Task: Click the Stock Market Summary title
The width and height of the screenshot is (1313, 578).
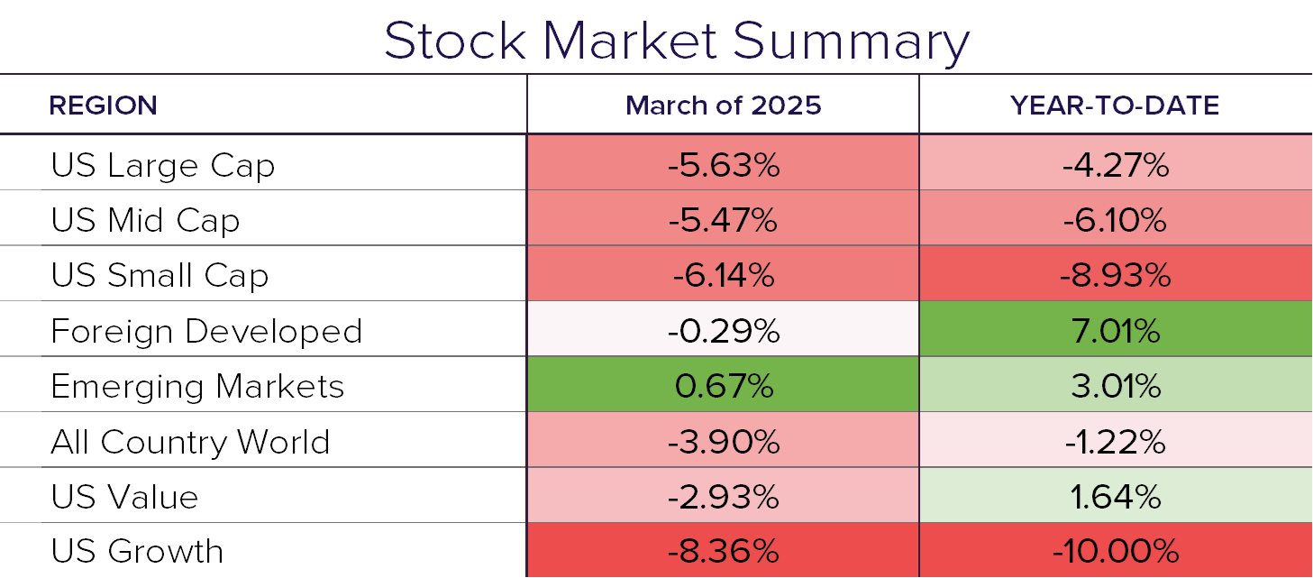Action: click(x=677, y=41)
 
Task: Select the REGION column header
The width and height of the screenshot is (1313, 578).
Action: click(x=103, y=106)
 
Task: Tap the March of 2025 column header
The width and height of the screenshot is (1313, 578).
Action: click(x=723, y=106)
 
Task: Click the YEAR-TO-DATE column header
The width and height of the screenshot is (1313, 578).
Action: click(x=1115, y=106)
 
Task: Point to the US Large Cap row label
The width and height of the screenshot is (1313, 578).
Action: click(x=162, y=166)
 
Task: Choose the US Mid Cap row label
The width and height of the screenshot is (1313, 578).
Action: click(x=145, y=221)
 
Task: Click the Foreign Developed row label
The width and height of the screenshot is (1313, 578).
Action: click(x=206, y=331)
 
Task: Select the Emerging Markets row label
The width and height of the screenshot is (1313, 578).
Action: click(x=197, y=387)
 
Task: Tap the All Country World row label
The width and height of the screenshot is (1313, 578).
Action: click(x=190, y=442)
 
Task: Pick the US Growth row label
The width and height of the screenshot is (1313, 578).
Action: click(x=137, y=551)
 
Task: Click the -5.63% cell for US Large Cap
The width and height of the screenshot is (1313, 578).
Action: click(x=723, y=166)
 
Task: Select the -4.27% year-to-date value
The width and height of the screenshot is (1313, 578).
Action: click(x=1115, y=166)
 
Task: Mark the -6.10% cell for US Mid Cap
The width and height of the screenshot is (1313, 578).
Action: click(x=1115, y=221)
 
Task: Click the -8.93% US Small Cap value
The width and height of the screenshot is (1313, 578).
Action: click(x=1115, y=276)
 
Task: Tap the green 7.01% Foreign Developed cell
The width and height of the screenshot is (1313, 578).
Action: click(x=1115, y=331)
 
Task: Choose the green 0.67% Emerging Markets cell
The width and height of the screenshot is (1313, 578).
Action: click(x=723, y=387)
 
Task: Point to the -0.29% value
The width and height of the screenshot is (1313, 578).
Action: click(x=723, y=331)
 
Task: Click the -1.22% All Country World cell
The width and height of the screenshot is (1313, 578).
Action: click(x=1115, y=442)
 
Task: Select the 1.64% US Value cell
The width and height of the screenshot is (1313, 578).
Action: click(x=1115, y=497)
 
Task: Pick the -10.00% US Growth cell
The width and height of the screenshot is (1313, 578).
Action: click(x=1115, y=551)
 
